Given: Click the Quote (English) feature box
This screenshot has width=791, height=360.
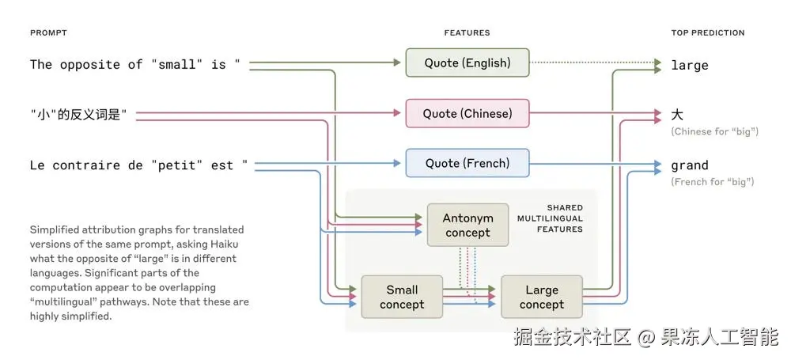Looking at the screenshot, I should [x=467, y=63].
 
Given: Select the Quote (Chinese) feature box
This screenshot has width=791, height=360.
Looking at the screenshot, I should [x=467, y=113].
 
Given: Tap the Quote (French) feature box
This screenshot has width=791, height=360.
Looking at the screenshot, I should [x=467, y=163].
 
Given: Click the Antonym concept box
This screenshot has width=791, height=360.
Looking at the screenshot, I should [x=467, y=225].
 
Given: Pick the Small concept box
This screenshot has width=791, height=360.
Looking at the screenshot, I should [x=402, y=297].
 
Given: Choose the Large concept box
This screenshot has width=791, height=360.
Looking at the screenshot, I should [x=542, y=297].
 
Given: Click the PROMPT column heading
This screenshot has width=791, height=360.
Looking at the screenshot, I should [x=48, y=32].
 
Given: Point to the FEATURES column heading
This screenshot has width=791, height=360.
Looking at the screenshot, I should [x=467, y=32].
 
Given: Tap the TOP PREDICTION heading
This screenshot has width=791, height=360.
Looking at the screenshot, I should [x=708, y=32].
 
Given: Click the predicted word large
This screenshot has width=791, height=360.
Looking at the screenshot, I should [x=690, y=65].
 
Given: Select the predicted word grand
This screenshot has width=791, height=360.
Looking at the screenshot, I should [x=690, y=165].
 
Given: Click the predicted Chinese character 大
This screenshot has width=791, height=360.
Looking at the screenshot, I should [x=677, y=115].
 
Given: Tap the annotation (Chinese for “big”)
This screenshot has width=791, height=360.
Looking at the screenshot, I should [x=714, y=131].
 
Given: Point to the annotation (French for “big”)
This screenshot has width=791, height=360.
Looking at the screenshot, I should [x=713, y=182].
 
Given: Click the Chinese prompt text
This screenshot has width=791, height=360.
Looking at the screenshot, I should [x=79, y=116].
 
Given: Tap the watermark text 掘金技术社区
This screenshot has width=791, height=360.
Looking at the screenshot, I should [x=573, y=338].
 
